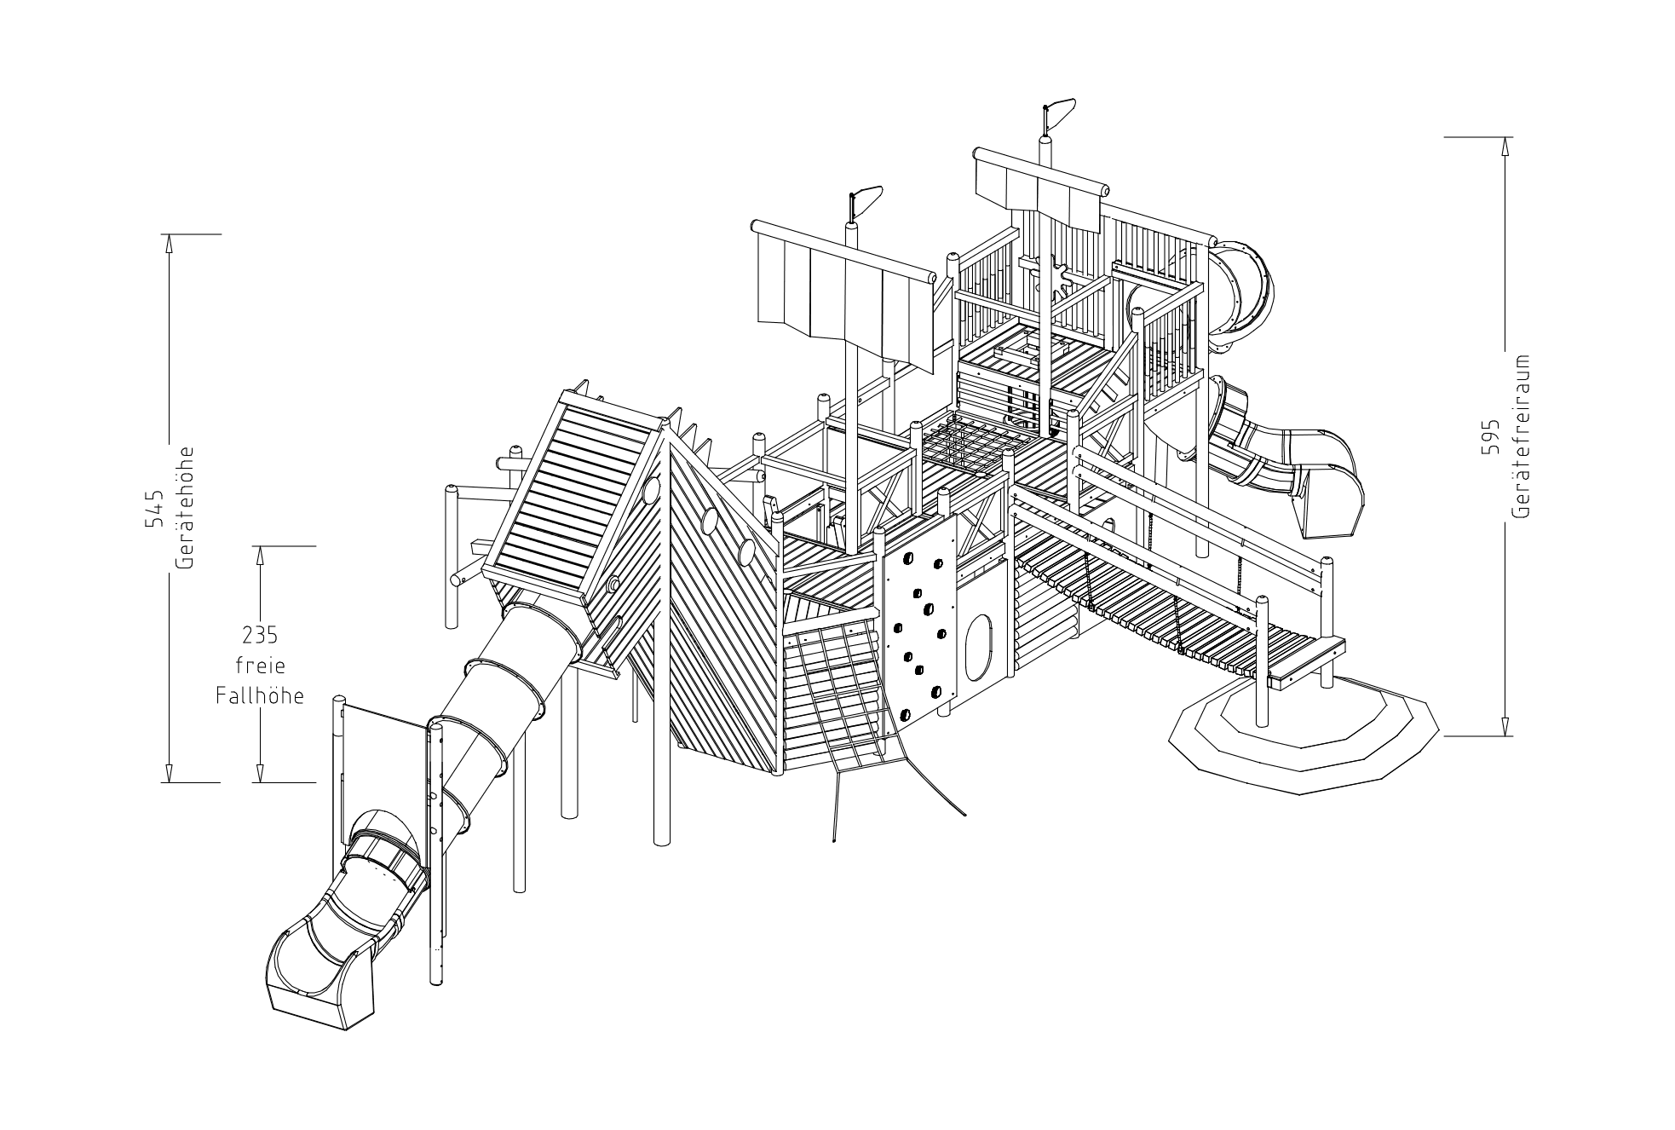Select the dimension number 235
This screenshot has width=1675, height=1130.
(x=260, y=636)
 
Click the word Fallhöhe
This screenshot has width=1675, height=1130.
(x=260, y=696)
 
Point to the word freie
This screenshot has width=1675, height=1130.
(x=260, y=666)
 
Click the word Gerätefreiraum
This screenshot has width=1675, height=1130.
(x=1522, y=435)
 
